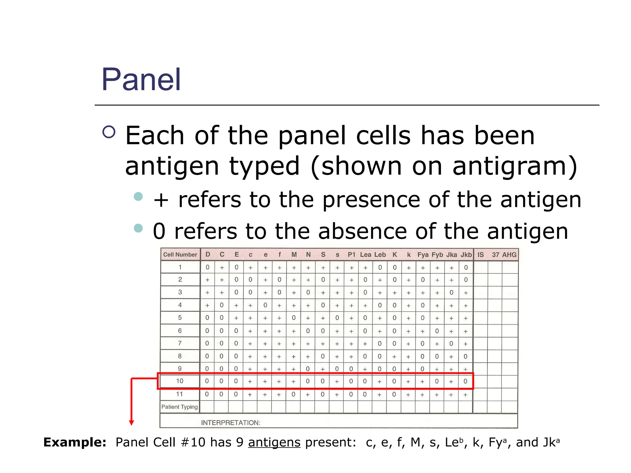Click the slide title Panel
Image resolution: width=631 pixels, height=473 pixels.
pos(141,79)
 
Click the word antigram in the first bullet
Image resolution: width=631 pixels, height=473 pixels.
pos(510,166)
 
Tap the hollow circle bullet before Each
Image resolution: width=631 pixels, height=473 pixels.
pos(109,132)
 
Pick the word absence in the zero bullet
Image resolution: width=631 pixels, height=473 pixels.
pos(362,231)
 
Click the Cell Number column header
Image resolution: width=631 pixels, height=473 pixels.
pos(180,255)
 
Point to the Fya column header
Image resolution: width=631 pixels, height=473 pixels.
pos(423,255)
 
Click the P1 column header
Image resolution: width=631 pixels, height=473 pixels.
pos(351,255)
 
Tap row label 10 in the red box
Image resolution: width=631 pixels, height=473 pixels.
pos(180,381)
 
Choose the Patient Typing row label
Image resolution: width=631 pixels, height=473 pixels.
pos(179,407)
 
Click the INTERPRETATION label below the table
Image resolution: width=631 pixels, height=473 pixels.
pos(230,423)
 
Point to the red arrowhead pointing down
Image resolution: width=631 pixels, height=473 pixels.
pos(132,423)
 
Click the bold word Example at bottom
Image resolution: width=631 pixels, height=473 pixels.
pos(75,442)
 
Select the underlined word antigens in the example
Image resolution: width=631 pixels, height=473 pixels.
pos(274,442)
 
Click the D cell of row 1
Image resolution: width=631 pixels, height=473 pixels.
pos(207,267)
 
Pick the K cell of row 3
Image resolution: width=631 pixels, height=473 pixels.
pos(394,293)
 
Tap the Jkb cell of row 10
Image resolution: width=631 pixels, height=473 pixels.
pos(465,381)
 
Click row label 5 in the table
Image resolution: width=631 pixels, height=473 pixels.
pos(180,317)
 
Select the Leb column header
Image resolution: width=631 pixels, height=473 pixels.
pos(380,255)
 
